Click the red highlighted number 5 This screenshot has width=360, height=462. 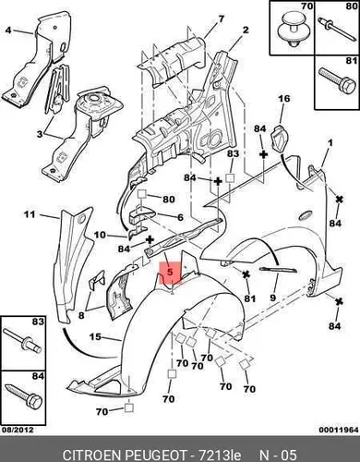coord(170,272)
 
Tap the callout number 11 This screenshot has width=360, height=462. coord(30,213)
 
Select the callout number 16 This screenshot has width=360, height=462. coord(284,99)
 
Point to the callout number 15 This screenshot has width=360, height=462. coord(95,336)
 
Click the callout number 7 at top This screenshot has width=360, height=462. coord(222,18)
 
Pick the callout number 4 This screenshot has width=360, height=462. coord(8,30)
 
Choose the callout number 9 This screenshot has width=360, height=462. coord(273,298)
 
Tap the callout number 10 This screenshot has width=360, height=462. coord(100,235)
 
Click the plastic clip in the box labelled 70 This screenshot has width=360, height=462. coord(291,30)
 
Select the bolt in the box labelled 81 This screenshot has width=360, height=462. coord(337,80)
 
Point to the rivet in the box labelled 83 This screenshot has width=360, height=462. coord(22,341)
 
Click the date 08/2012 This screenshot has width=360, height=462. coord(18,430)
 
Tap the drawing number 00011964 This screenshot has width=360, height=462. coord(339,430)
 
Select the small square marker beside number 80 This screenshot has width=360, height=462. coord(141,194)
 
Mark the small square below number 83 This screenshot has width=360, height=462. coord(231,178)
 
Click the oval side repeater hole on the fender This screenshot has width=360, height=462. coord(306,215)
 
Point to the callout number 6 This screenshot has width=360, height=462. coord(180,217)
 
